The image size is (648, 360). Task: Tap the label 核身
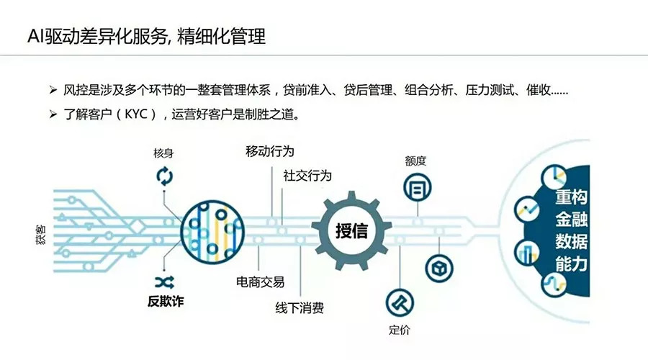[x=163, y=153]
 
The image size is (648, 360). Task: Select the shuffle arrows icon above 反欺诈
[x=162, y=280]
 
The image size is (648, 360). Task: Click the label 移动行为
[x=270, y=151]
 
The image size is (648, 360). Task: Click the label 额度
[x=415, y=161]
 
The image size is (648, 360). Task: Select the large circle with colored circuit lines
[x=210, y=230]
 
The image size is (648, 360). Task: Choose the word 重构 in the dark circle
[x=572, y=198]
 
